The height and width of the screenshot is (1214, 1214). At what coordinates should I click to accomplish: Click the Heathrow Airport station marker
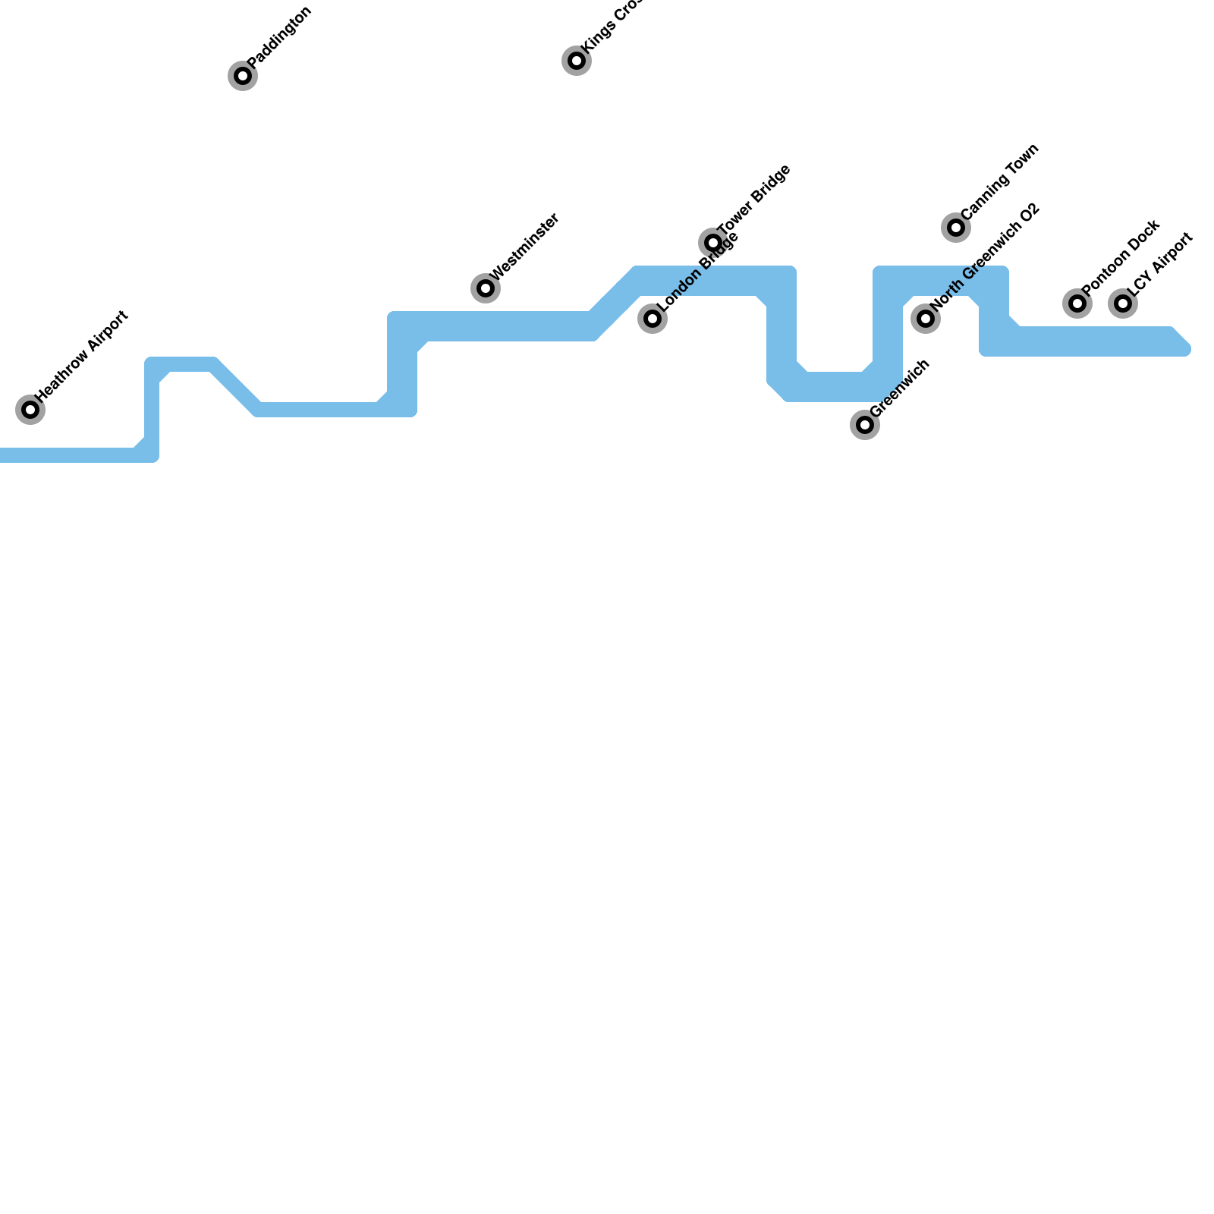(x=30, y=410)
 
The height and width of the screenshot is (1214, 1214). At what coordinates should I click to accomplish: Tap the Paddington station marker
(x=243, y=76)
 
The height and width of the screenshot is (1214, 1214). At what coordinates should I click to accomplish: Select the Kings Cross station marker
(x=577, y=61)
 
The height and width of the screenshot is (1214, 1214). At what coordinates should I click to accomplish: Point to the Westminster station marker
(x=486, y=288)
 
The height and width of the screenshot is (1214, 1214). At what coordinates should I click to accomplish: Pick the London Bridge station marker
(x=653, y=319)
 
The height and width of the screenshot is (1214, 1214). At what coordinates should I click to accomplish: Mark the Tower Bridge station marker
(x=713, y=243)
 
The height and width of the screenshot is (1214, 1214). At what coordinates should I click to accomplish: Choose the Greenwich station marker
(x=865, y=425)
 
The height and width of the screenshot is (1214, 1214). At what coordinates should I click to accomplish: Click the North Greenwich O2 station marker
(x=926, y=319)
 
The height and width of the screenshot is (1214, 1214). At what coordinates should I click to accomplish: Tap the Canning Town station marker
(x=956, y=228)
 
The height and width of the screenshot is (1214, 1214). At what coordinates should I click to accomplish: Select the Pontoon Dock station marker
(x=1077, y=303)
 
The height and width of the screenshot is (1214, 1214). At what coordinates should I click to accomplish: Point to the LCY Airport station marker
(x=1123, y=303)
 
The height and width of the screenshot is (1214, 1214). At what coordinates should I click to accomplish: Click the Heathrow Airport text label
(x=82, y=356)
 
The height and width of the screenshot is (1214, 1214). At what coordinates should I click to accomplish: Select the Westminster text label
(x=524, y=247)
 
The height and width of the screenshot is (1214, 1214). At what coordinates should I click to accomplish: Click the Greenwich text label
(x=899, y=388)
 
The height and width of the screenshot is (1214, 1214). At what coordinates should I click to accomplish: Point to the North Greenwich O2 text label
(x=984, y=257)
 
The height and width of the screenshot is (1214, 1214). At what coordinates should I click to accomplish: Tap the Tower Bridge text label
(x=754, y=200)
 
